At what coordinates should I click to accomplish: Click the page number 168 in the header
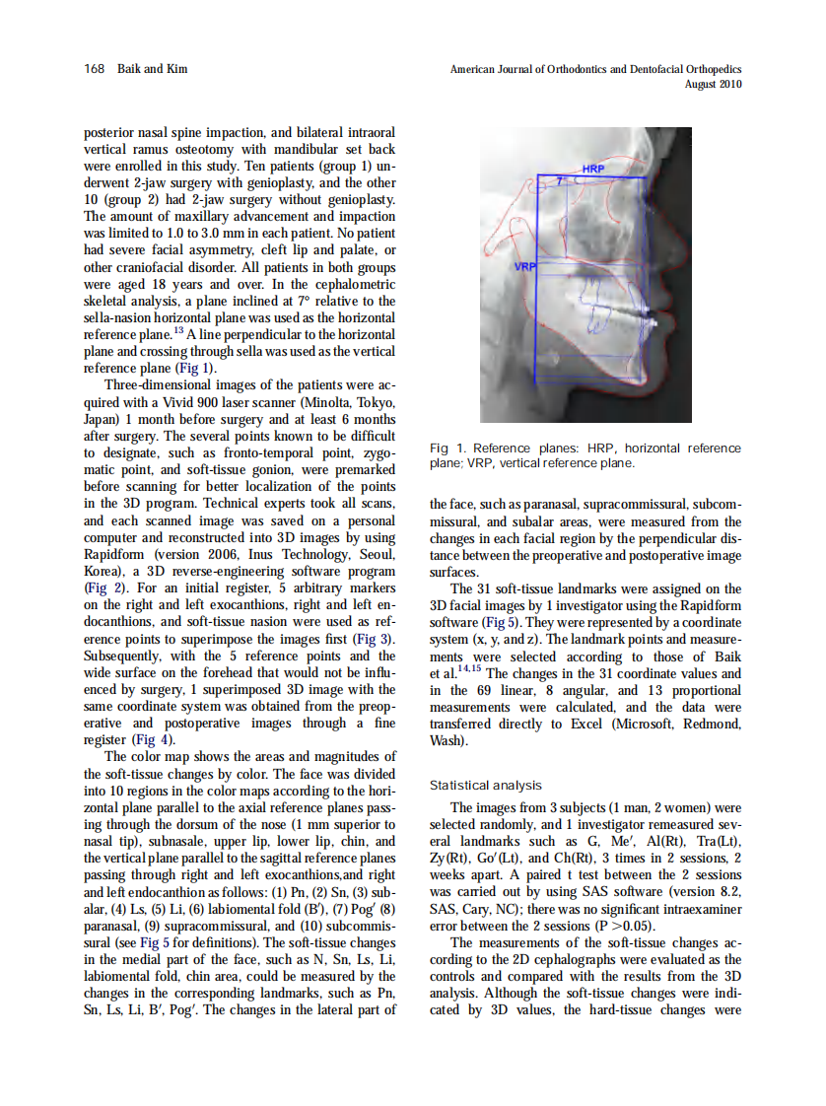[x=94, y=69]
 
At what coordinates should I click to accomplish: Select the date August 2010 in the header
[x=713, y=85]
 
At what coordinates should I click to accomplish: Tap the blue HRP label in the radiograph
[x=593, y=170]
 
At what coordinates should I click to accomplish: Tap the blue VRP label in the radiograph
[x=524, y=267]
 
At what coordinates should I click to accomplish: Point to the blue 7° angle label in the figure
[x=559, y=182]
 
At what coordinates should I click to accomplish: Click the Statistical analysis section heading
[x=486, y=786]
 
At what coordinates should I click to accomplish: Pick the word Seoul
[x=376, y=555]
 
